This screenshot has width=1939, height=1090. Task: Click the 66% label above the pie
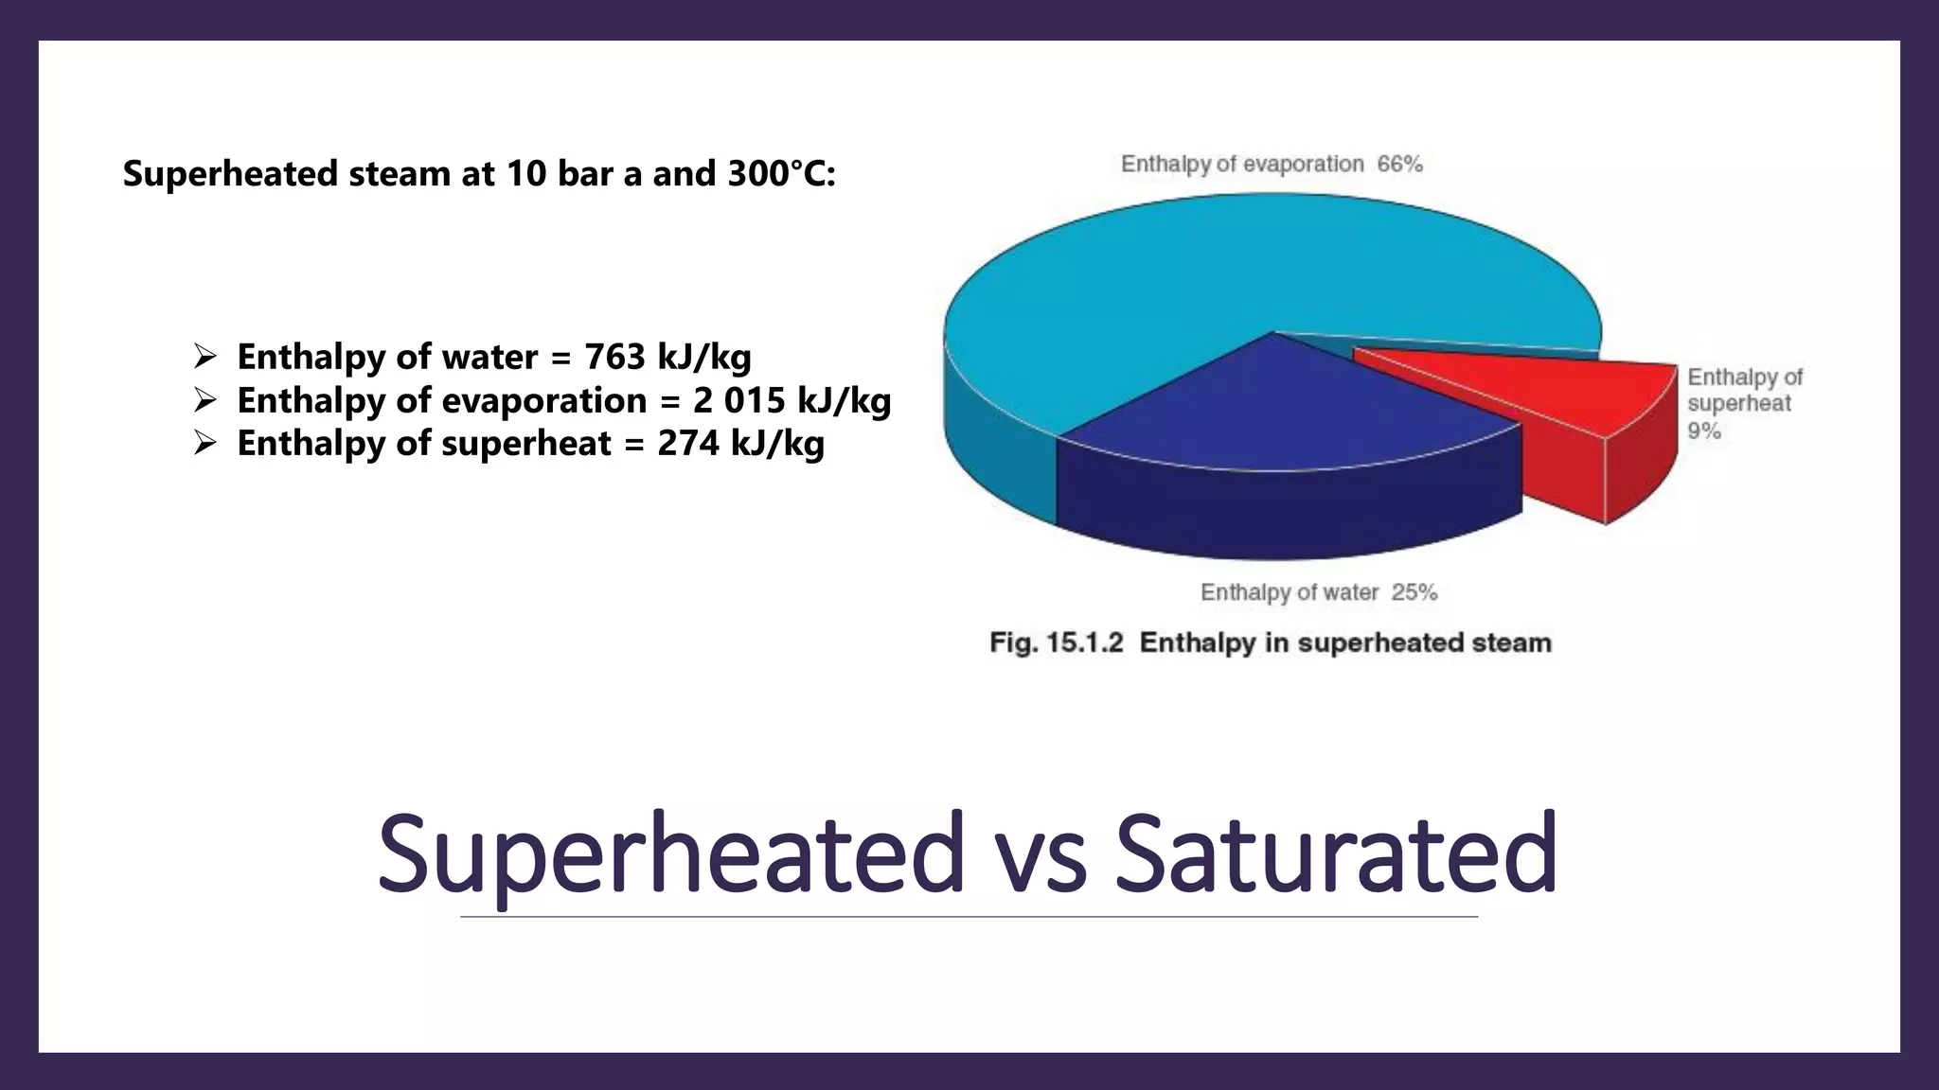[1399, 165]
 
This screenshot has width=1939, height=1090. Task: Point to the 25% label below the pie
[1414, 593]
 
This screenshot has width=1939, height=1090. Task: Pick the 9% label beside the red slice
[1703, 431]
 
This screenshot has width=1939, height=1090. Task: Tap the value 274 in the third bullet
[687, 444]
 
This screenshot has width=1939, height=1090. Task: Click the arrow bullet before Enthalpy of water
[205, 357]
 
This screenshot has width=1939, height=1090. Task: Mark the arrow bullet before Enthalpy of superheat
[205, 443]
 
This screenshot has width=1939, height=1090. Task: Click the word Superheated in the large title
[670, 853]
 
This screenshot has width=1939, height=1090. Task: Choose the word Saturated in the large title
[1335, 853]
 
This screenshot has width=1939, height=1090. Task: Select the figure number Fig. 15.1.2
[1056, 643]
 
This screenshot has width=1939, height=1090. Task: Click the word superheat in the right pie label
[1738, 404]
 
